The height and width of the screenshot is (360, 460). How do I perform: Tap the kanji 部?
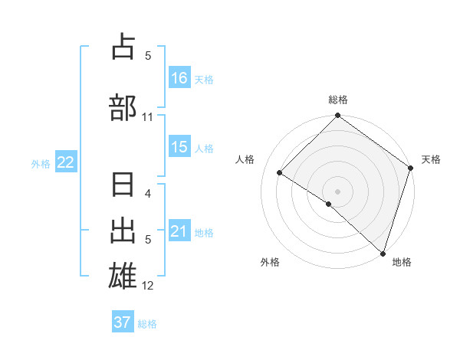point(124,107)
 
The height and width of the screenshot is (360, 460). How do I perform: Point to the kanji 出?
point(124,231)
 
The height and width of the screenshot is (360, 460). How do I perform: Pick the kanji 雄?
point(124,275)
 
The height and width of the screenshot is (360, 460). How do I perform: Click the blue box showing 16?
point(179,78)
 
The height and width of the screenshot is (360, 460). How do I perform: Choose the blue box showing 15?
point(179,147)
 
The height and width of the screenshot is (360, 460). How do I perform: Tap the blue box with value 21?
point(179,231)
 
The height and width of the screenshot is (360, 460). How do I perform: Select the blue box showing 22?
point(66,162)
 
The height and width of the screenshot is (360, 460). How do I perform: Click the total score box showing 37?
point(123,322)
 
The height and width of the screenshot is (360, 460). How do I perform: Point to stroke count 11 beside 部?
point(148,117)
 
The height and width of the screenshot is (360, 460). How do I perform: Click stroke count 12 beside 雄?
point(148,286)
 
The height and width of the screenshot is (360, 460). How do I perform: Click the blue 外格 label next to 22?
point(41,162)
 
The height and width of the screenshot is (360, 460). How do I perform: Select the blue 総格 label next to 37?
point(147,324)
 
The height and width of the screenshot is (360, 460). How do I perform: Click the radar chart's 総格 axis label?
point(338,100)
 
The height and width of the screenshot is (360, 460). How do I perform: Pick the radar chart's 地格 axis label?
point(402,262)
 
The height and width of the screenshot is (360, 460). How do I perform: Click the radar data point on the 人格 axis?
point(280,173)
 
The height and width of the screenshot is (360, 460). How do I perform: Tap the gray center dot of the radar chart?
point(338,190)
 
